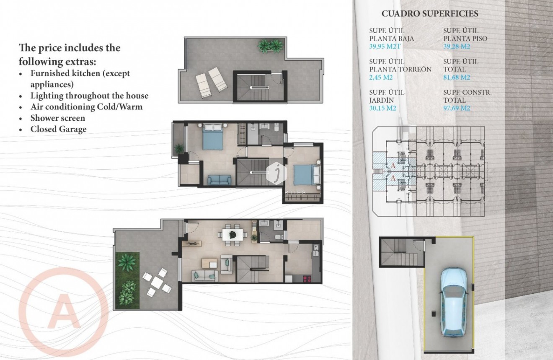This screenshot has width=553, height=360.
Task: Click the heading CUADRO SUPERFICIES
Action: [430, 14]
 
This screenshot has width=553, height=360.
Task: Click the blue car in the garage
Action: [454, 301]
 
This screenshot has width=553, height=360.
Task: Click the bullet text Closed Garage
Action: [58, 129]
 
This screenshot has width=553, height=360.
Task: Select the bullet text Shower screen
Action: [57, 118]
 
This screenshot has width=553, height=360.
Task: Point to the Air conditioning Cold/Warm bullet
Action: [86, 107]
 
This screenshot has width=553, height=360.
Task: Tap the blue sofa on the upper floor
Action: [219, 180]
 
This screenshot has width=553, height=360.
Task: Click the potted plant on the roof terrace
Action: [270, 45]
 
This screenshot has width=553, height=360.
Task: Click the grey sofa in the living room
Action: [204, 275]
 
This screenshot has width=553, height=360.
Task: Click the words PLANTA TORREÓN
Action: [400, 70]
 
